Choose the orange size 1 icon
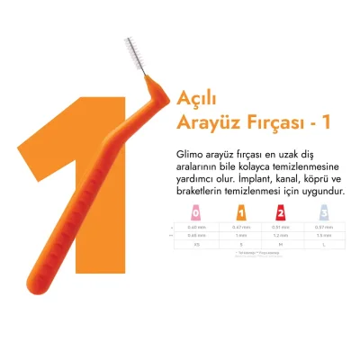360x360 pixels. [238, 213]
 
